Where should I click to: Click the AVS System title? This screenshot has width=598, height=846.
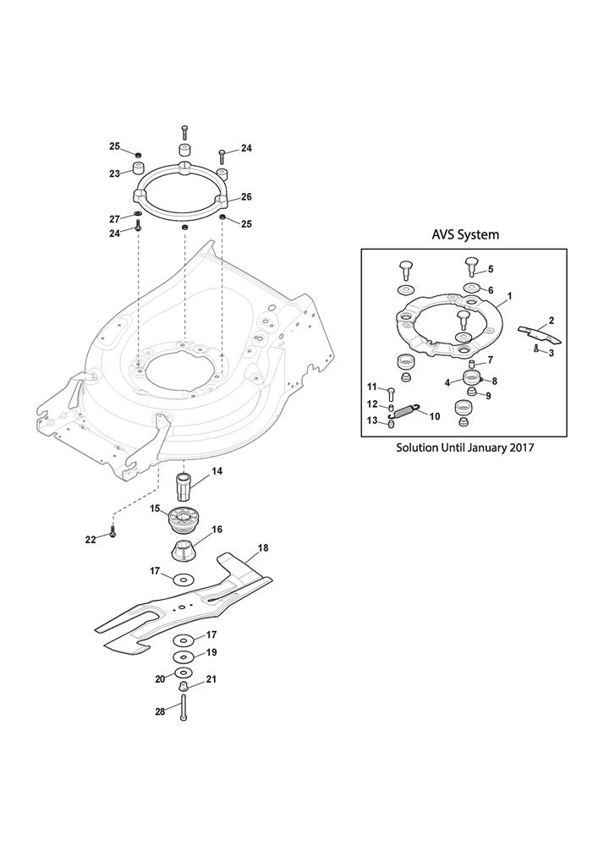(465, 234)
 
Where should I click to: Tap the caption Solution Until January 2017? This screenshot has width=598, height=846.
(465, 448)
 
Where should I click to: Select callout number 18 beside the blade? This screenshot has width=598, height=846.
(262, 548)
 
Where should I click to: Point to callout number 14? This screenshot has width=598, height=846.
(217, 471)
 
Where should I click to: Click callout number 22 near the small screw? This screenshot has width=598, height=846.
(90, 539)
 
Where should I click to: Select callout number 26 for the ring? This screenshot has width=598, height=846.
(246, 197)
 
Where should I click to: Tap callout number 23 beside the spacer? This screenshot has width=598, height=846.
(114, 173)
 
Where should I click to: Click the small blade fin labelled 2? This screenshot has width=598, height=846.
(540, 334)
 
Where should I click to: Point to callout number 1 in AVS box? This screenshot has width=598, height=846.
(509, 295)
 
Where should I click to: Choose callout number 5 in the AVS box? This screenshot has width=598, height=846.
(490, 269)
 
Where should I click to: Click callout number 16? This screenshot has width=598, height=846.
(217, 530)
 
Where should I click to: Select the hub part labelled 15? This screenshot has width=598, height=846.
(184, 519)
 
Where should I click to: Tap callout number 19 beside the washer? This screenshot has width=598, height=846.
(211, 652)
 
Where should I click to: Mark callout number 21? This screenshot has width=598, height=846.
(211, 679)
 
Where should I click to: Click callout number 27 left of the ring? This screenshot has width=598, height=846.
(114, 219)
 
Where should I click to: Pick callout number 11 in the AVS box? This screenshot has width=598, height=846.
(372, 387)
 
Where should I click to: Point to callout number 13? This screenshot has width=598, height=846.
(372, 420)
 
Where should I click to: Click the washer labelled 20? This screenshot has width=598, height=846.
(184, 673)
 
